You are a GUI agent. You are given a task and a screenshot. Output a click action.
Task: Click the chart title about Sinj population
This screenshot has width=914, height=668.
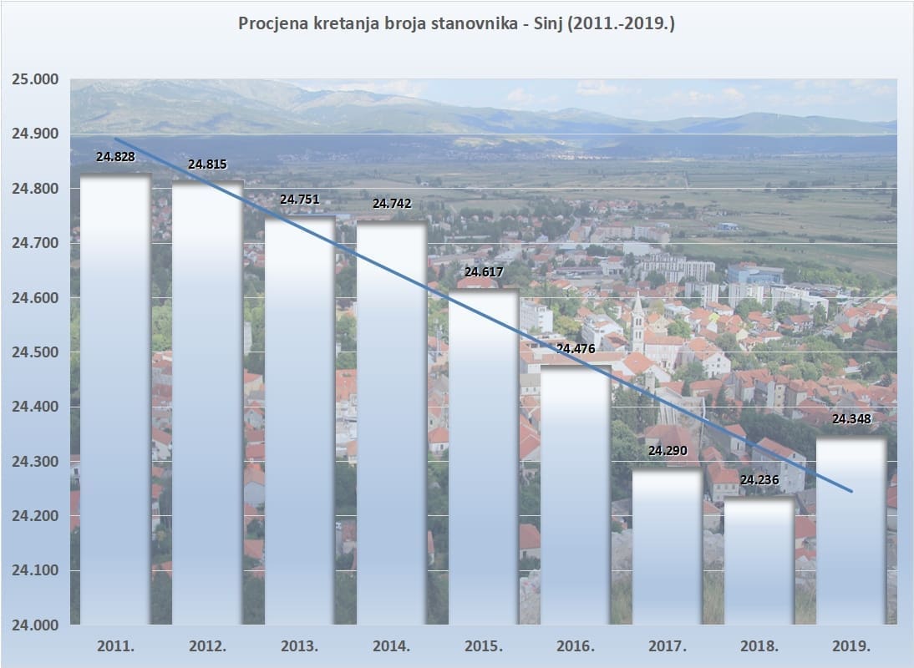tap(456, 23)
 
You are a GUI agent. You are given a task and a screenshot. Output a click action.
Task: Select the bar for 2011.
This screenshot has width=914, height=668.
tap(115, 401)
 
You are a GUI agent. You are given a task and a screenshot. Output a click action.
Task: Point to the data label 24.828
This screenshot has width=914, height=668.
tap(115, 156)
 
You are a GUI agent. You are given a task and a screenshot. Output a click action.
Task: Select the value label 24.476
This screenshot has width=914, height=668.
tap(575, 349)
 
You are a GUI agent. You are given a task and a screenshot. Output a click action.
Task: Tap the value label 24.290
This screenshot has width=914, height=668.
tap(667, 452)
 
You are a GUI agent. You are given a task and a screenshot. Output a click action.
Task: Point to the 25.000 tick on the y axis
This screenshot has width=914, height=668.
tap(34, 79)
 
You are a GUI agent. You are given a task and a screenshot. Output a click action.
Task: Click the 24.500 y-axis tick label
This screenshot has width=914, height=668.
tap(34, 352)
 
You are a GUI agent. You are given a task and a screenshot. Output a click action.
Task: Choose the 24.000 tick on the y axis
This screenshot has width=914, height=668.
tap(34, 625)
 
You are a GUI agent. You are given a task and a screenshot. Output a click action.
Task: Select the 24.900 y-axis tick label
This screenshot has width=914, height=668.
tap(34, 134)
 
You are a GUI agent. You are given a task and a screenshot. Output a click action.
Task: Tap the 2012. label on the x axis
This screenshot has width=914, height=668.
tap(207, 646)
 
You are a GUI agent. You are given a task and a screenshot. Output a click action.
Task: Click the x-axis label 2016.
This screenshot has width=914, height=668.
tap(575, 646)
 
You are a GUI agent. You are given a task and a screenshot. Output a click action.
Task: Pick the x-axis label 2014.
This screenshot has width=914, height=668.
tap(391, 646)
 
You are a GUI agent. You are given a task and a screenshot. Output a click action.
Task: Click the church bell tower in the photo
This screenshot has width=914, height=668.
tap(637, 321)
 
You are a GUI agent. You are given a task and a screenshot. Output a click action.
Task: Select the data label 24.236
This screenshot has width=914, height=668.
tap(759, 480)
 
